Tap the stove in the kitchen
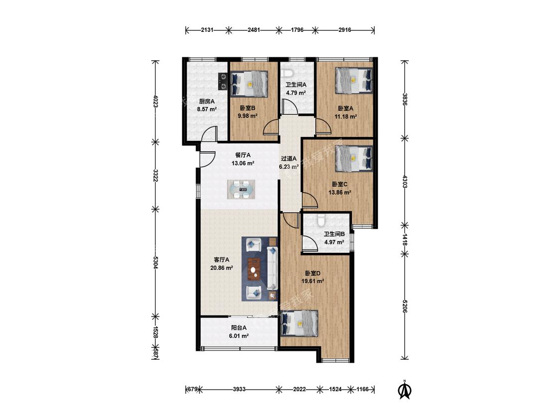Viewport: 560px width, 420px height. pos(223,81)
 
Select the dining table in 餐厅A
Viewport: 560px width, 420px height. pos(241,189)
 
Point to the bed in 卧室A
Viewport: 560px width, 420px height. pos(354,81)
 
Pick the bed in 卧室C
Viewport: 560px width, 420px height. pos(354,158)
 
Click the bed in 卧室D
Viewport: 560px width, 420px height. pos(300,323)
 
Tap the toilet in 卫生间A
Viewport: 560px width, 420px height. pos(287,74)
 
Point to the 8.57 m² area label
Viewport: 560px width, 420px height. pos(207,109)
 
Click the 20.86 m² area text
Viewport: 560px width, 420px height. pos(222,268)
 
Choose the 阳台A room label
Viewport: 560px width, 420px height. pos(239,328)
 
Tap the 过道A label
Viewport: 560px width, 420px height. pos(289,159)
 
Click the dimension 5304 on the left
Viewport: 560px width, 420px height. pos(155,263)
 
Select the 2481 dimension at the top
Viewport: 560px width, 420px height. pos(254,30)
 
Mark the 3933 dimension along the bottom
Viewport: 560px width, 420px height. pos(239,389)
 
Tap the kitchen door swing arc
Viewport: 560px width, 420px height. pos(209,134)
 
